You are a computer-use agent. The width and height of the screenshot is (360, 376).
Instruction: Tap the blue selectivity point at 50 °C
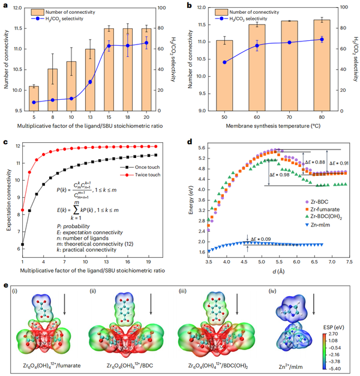(224, 62)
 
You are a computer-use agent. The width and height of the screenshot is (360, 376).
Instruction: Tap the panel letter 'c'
(5, 142)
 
